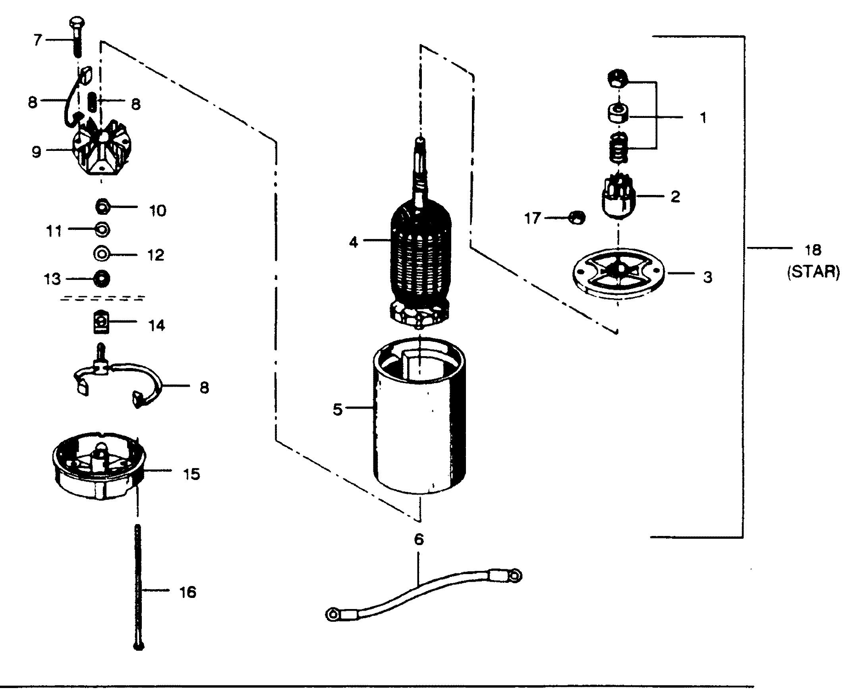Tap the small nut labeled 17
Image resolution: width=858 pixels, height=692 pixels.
577,218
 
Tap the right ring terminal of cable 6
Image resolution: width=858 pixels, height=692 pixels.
514,576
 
